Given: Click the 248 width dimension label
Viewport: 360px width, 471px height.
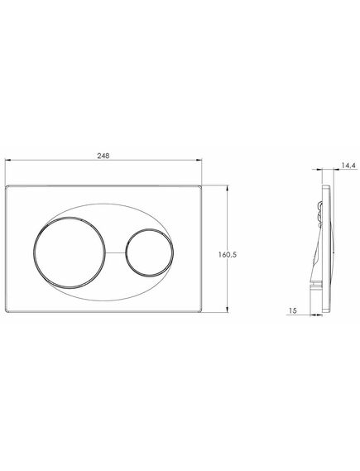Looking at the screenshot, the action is pyautogui.click(x=103, y=156).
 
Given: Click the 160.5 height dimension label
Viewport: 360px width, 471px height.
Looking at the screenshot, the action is pyautogui.click(x=228, y=254).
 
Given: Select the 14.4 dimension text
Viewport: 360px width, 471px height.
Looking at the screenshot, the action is pyautogui.click(x=348, y=165).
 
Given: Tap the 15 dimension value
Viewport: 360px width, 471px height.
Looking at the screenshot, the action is pyautogui.click(x=292, y=310).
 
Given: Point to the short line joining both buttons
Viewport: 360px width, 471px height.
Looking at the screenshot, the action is pyautogui.click(x=115, y=252).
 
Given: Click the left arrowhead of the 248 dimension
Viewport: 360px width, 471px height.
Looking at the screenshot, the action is pyautogui.click(x=8, y=160).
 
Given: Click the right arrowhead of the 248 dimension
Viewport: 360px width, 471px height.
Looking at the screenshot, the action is pyautogui.click(x=199, y=160).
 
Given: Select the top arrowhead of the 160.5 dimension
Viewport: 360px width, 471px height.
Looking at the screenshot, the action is pyautogui.click(x=228, y=189).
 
